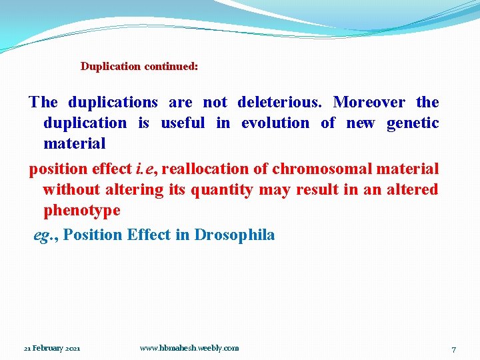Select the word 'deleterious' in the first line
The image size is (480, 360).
coord(280,103)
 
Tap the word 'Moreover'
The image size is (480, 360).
coord(369,103)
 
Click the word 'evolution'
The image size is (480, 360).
coord(275,123)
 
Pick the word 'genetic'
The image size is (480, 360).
coord(413,123)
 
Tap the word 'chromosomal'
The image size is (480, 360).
coord(315,169)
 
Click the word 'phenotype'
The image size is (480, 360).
coord(82,211)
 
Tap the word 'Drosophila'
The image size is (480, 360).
coord(235,235)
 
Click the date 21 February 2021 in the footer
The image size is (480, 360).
coord(52,349)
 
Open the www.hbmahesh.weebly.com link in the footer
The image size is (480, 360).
coord(189,348)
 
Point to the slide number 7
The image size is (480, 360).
coord(453,349)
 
